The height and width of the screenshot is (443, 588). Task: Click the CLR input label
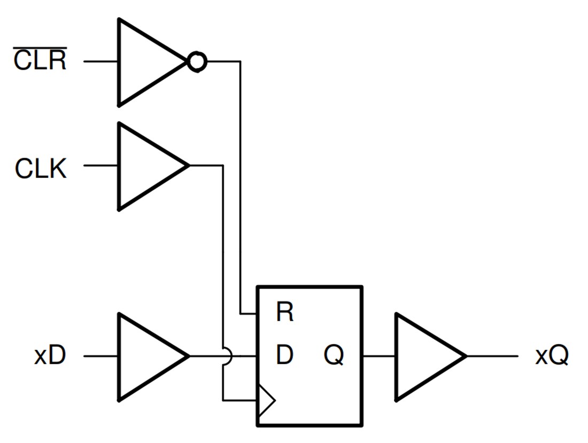point(40,61)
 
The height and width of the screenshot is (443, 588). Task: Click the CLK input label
point(41,169)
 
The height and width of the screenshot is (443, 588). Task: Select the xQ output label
point(552,356)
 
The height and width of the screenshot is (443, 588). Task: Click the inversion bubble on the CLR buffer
point(196,63)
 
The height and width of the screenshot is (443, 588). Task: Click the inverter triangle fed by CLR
point(147,62)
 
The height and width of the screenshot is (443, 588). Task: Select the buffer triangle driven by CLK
point(147,166)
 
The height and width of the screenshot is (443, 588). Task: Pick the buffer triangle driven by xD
point(147,356)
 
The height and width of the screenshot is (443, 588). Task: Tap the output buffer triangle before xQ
point(425,356)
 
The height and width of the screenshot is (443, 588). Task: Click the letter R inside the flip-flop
point(285,312)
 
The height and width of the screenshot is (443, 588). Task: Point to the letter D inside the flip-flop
point(284,355)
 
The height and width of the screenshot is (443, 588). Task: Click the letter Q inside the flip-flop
point(334,355)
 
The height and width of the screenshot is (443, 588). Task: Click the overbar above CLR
point(40,49)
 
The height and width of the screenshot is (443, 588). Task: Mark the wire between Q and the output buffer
point(379,356)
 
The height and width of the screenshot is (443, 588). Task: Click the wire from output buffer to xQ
point(492,356)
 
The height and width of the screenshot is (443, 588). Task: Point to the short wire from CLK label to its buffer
point(100,166)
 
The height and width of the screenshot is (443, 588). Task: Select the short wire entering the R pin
point(249,313)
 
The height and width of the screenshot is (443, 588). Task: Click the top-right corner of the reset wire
point(240,62)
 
